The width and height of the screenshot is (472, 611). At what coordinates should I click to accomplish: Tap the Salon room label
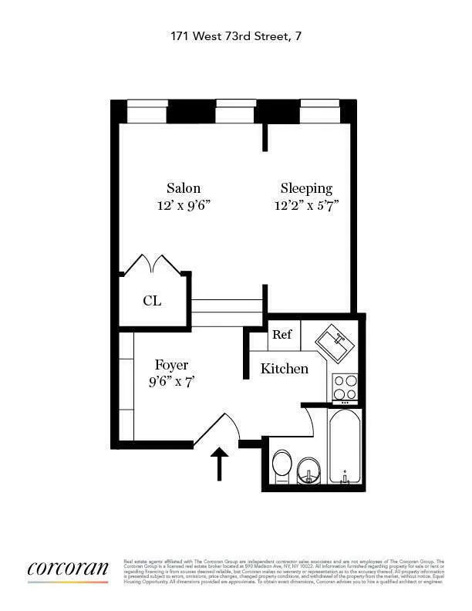click(x=184, y=188)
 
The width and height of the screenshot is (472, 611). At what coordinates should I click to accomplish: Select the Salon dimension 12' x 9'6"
click(x=184, y=205)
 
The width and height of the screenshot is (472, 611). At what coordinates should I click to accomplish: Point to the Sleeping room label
click(x=306, y=188)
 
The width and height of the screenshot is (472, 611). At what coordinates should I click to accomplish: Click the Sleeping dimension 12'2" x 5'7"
click(x=306, y=205)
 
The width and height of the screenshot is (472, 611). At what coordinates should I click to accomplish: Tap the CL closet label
click(x=152, y=301)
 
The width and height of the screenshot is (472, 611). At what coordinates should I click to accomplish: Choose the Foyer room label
click(x=171, y=365)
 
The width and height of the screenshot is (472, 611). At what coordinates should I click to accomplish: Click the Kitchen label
click(x=284, y=369)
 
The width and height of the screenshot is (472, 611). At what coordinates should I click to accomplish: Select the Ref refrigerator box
click(x=282, y=335)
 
